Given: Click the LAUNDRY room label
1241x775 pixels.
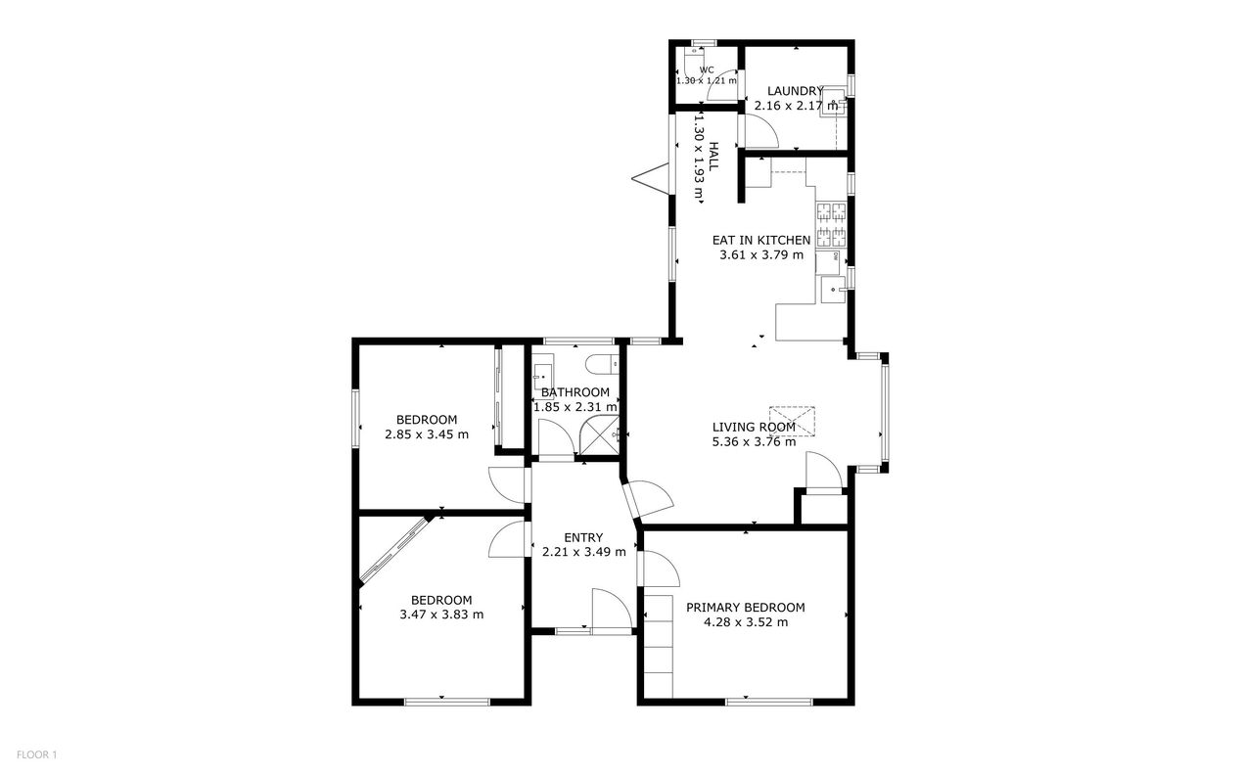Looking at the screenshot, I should pos(796,91).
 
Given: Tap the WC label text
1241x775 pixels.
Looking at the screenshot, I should pos(706,69).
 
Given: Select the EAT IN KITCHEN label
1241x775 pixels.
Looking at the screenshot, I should pos(760,240).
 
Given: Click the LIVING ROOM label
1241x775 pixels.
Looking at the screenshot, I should pos(753,427).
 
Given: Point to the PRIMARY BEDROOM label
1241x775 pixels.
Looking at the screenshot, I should pos(745,607).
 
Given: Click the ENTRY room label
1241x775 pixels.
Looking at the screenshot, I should pos(583,537).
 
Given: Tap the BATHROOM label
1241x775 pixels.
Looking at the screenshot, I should pos(575,392).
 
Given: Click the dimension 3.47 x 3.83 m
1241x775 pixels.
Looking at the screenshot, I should pos(441,615).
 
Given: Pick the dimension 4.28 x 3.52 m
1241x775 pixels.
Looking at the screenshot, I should pos(745,621).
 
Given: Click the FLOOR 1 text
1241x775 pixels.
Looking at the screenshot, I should pos(37,754).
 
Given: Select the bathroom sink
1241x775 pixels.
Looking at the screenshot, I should pos(542,376).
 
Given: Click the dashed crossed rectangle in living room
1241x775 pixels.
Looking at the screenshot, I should pos(792,421).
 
